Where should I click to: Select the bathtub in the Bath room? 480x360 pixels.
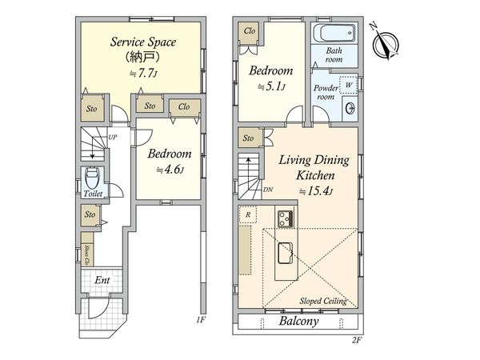(x=334, y=33)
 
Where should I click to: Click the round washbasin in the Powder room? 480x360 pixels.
(x=350, y=108)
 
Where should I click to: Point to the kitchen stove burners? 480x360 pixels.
(x=286, y=218)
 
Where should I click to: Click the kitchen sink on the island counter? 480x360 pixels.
(x=285, y=253)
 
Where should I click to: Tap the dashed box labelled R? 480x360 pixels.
(x=248, y=214)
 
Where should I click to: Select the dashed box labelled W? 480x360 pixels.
(x=348, y=85)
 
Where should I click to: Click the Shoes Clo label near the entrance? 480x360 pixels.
(x=88, y=254)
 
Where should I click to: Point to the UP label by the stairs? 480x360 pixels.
(x=113, y=137)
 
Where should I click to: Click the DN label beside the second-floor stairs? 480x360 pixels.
(x=268, y=190)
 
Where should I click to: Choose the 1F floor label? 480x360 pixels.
(x=201, y=320)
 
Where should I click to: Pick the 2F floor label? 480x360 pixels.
(x=357, y=340)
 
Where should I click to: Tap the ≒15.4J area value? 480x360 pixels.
(x=316, y=191)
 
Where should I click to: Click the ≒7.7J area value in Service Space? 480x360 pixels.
(x=143, y=73)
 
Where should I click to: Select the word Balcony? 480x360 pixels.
(x=298, y=321)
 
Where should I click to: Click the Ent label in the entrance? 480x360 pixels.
(x=102, y=280)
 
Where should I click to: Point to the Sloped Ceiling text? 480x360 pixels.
(x=323, y=301)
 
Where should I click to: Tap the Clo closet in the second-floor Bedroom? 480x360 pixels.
(x=250, y=31)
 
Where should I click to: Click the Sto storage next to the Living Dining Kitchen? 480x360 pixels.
(x=248, y=138)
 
